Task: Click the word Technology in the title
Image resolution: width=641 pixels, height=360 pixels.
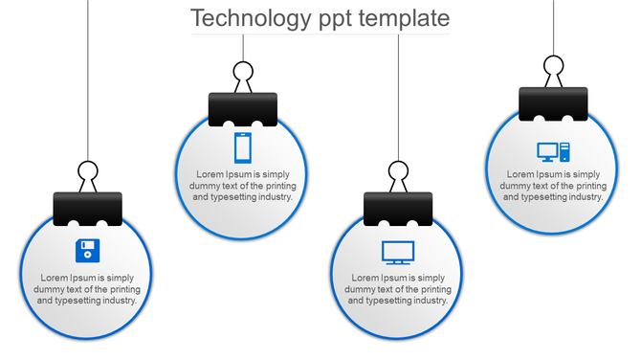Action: (251, 18)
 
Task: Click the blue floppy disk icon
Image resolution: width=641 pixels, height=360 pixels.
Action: (87, 251)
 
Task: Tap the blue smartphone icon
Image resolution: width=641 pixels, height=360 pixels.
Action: (243, 147)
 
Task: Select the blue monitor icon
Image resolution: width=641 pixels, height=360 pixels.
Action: (398, 252)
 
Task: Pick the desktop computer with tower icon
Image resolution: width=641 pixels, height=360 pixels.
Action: (553, 150)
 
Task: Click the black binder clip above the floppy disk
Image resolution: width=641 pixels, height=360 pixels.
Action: (87, 208)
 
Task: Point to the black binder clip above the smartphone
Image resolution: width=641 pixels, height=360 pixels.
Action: (243, 108)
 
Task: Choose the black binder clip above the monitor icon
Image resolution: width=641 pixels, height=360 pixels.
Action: (398, 208)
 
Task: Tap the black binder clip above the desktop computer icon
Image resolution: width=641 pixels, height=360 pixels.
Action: (553, 103)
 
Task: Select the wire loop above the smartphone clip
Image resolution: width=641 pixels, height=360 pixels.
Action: (243, 73)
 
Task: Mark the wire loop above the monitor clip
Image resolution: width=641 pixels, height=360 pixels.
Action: (398, 173)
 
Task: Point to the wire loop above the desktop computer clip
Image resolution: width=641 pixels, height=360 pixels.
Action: (553, 67)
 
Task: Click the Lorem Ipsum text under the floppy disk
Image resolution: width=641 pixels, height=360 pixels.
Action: (87, 289)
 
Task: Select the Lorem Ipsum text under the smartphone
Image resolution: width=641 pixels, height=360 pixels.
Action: (243, 186)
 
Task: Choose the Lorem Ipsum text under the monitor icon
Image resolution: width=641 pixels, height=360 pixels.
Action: (398, 289)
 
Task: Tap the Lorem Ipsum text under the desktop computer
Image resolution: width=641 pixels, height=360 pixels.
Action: (553, 186)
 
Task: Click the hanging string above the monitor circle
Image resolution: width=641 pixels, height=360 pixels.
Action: (398, 96)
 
